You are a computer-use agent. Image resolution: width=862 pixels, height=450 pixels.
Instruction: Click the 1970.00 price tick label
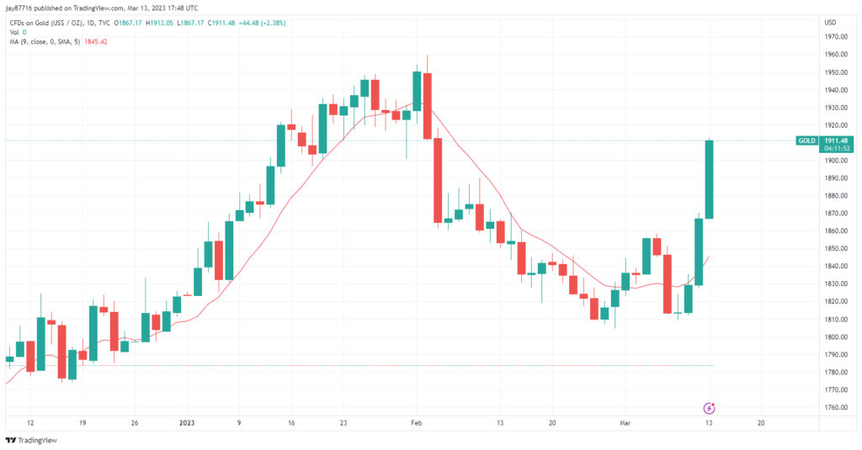[835, 37]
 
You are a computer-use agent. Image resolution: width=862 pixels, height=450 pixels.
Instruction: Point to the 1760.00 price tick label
[835, 408]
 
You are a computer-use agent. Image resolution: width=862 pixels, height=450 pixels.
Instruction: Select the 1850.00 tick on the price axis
[835, 249]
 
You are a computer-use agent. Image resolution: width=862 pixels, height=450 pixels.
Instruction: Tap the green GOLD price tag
[806, 140]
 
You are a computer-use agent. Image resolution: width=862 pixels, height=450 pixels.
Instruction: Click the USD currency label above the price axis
[830, 22]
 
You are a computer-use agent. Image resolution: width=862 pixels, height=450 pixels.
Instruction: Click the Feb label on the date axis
[415, 423]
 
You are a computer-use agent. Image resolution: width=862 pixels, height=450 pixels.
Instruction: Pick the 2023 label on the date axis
[187, 423]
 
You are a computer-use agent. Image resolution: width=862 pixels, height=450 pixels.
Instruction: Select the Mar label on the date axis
[624, 423]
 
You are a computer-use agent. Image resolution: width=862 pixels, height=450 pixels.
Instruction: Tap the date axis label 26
[135, 423]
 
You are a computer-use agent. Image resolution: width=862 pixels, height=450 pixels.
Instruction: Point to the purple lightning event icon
[709, 408]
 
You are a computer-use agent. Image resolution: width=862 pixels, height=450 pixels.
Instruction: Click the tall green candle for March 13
[709, 179]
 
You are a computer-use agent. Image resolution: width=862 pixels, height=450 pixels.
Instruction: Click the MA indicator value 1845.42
[93, 41]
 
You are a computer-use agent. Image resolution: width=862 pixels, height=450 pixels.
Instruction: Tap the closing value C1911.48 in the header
[221, 23]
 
